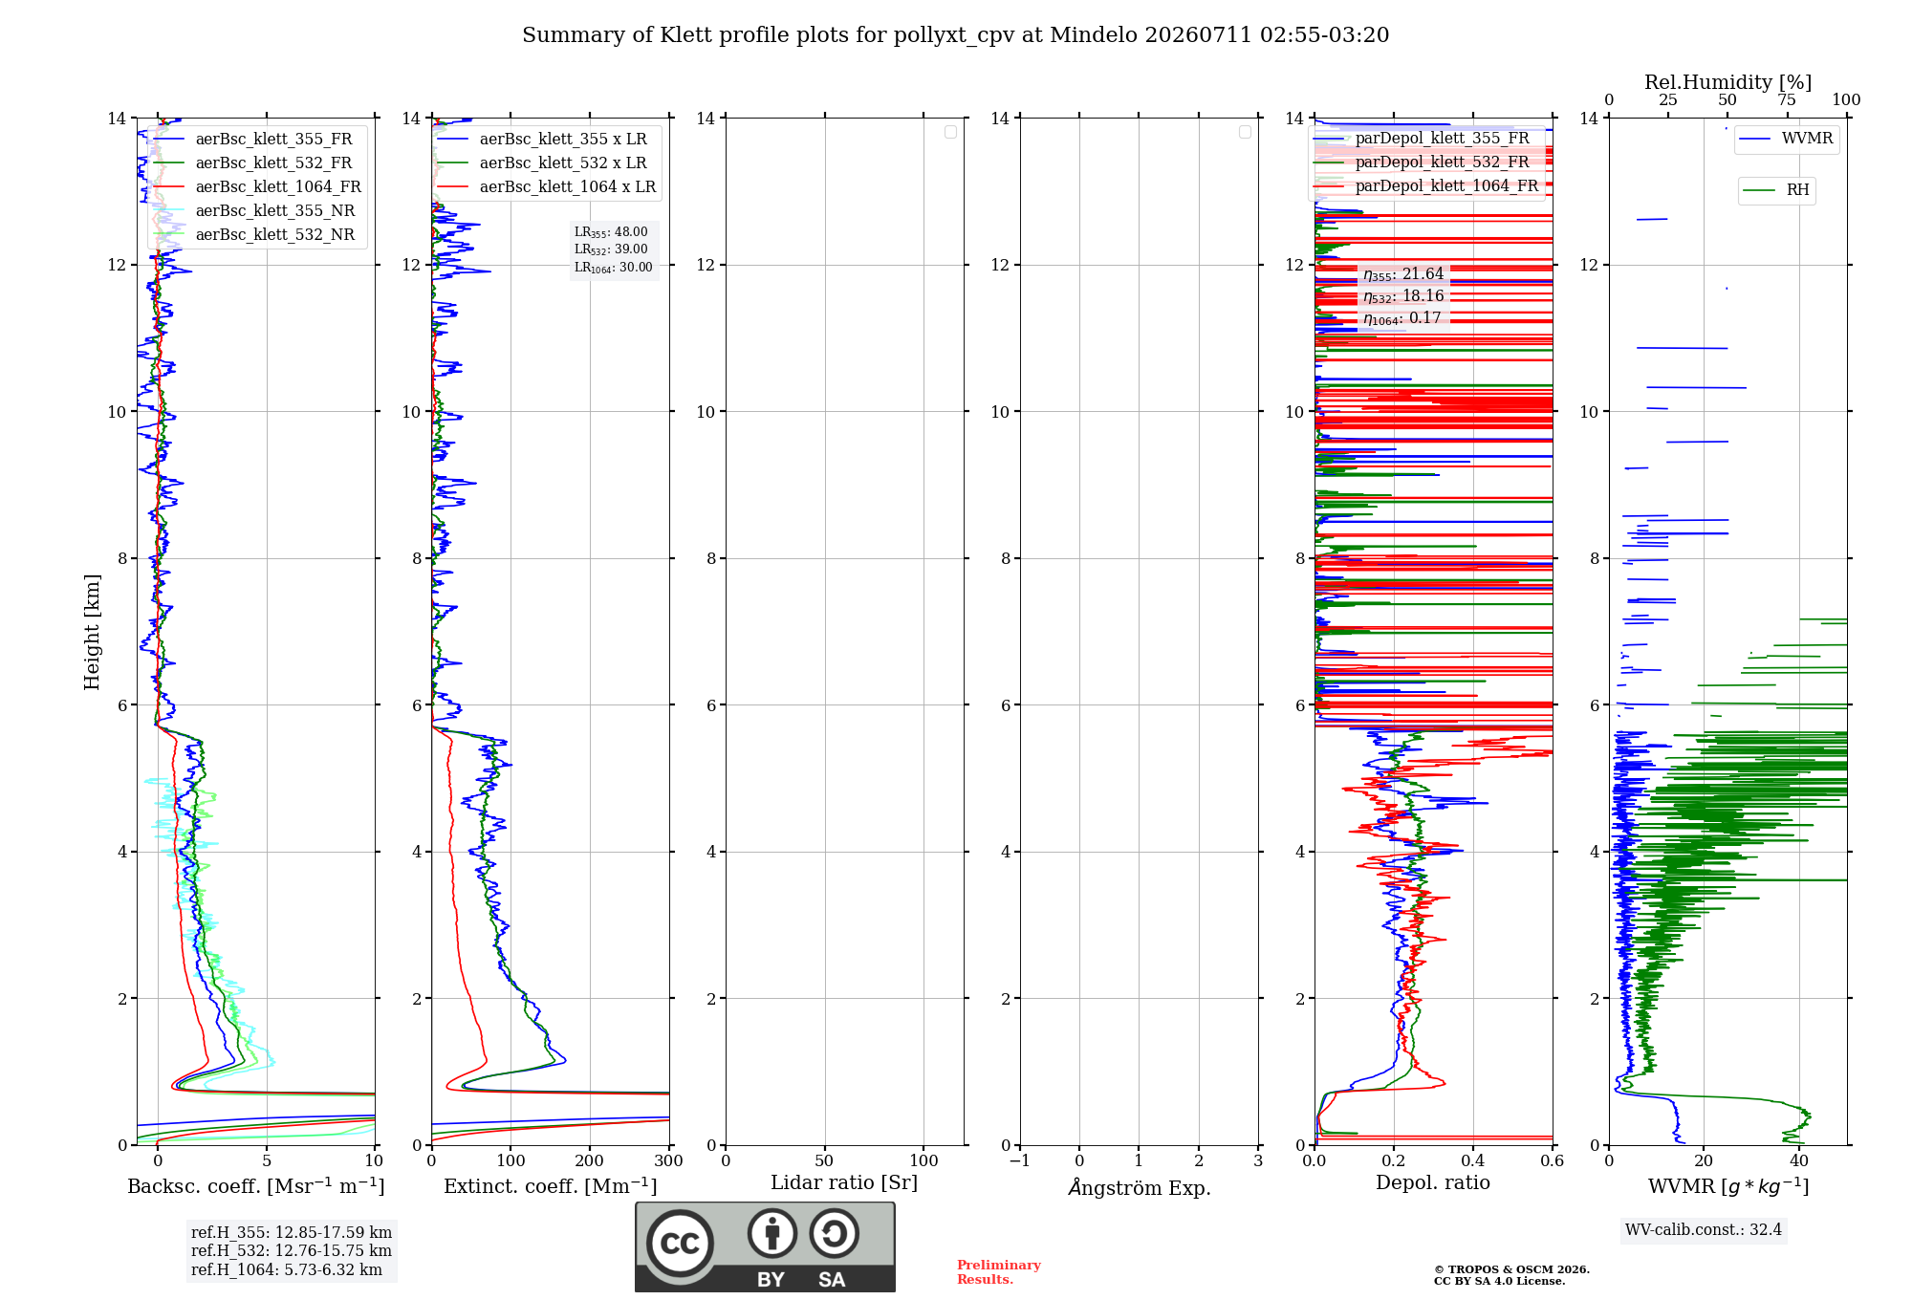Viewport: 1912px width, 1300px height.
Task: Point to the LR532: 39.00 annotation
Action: tap(611, 249)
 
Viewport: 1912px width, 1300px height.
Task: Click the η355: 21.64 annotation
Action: tap(1403, 274)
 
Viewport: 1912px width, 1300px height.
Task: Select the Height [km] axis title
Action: tap(92, 632)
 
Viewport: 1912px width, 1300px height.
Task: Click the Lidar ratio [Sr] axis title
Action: tap(844, 1183)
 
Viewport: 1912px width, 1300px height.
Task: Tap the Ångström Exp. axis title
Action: tap(1140, 1187)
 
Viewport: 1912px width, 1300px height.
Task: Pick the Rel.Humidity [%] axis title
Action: tap(1728, 82)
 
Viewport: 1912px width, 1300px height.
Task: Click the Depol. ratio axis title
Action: tap(1433, 1183)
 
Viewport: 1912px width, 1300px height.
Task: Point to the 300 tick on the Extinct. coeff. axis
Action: tap(669, 1161)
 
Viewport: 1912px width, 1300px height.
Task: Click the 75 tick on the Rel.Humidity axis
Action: tap(1787, 100)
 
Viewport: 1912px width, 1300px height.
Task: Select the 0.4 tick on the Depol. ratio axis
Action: tap(1473, 1161)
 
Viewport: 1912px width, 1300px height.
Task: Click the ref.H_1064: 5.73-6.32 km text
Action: tap(287, 1270)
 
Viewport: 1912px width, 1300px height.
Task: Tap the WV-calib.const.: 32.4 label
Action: tap(1704, 1230)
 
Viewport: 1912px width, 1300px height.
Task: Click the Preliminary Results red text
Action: tap(999, 1272)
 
